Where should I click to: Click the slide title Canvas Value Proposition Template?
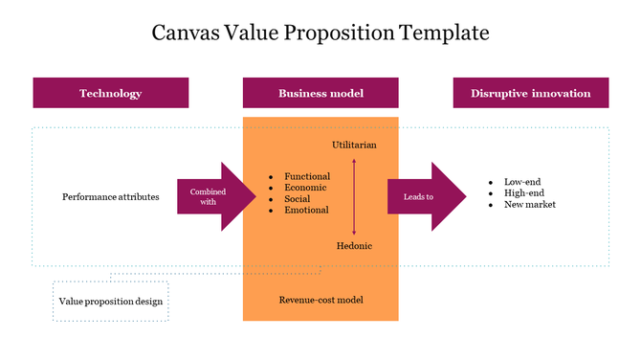click(320, 34)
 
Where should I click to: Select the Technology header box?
click(111, 93)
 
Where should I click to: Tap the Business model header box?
click(320, 93)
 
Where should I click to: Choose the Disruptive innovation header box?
click(530, 93)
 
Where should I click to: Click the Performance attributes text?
click(111, 197)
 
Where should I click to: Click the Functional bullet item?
click(307, 176)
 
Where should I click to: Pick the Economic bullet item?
click(306, 188)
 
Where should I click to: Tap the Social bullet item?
click(298, 199)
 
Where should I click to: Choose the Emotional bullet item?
click(306, 210)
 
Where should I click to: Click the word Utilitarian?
click(354, 145)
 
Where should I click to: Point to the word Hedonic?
click(354, 246)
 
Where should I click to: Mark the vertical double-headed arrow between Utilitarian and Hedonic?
click(354, 196)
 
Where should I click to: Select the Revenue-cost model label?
click(320, 300)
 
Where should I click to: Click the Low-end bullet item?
click(524, 182)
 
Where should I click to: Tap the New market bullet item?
click(529, 205)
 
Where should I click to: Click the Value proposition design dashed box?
click(111, 301)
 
